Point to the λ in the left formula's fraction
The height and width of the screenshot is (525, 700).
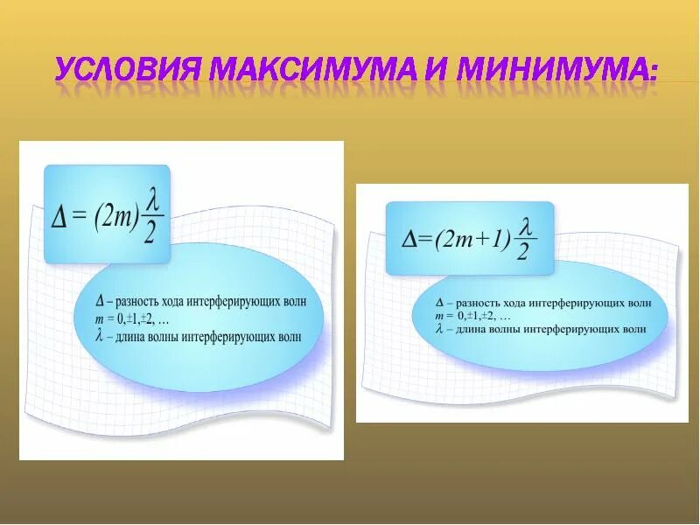point(152,201)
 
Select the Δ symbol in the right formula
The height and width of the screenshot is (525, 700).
point(409,239)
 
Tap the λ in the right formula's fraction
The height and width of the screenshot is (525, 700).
point(524,227)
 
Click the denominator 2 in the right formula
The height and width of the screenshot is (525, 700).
point(523,254)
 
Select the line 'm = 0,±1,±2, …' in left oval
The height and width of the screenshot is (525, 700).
point(132,318)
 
